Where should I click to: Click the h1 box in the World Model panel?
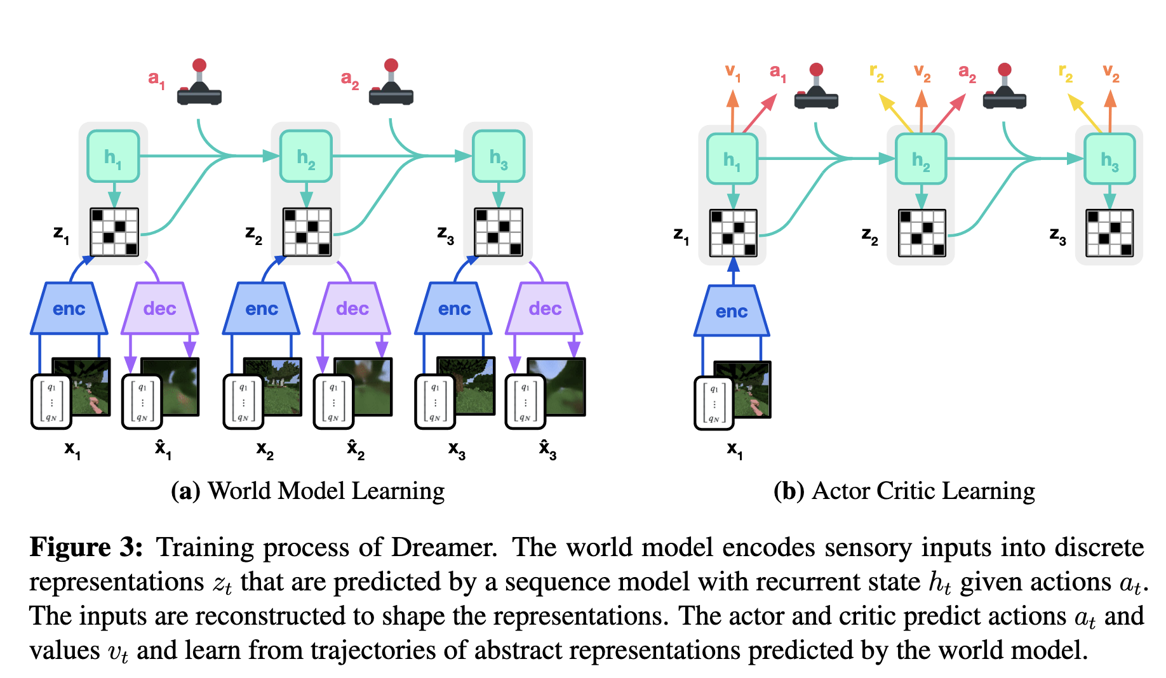pyautogui.click(x=113, y=156)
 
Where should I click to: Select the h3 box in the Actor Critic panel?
pyautogui.click(x=1109, y=159)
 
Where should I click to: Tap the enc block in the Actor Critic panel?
pyautogui.click(x=732, y=311)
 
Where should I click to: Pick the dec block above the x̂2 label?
pyautogui.click(x=352, y=309)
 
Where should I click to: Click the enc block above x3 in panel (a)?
pyautogui.click(x=454, y=309)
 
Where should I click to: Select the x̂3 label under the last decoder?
pyautogui.click(x=547, y=449)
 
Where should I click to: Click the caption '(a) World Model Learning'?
pyautogui.click(x=308, y=491)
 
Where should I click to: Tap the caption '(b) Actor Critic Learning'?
pyautogui.click(x=904, y=491)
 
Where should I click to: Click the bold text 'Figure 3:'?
pyautogui.click(x=86, y=547)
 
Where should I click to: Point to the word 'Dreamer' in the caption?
pyautogui.click(x=443, y=547)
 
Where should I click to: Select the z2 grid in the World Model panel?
pyautogui.click(x=307, y=232)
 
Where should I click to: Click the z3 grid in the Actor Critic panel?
pyautogui.click(x=1109, y=233)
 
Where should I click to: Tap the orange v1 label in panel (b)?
pyautogui.click(x=733, y=72)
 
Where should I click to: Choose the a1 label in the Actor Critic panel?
pyautogui.click(x=777, y=72)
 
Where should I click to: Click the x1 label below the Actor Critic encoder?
pyautogui.click(x=734, y=449)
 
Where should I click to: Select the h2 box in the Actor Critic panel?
pyautogui.click(x=921, y=159)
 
